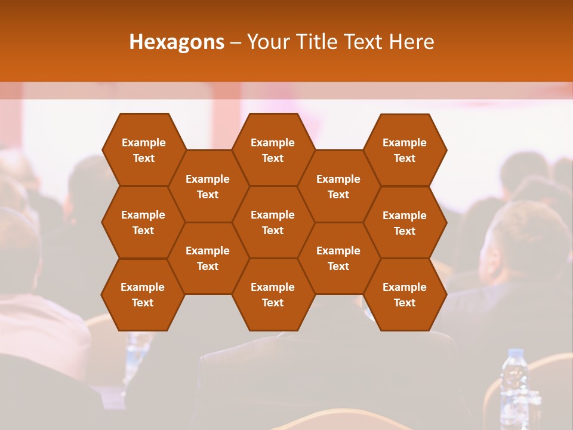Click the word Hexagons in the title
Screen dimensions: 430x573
pyautogui.click(x=177, y=42)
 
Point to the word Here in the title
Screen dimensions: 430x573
pyautogui.click(x=411, y=42)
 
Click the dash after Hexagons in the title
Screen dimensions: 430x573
pyautogui.click(x=236, y=42)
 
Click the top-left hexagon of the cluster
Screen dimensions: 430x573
pyautogui.click(x=143, y=150)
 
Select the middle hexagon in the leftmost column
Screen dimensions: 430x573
pyautogui.click(x=143, y=222)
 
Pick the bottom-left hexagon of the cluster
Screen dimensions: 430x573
pyautogui.click(x=143, y=294)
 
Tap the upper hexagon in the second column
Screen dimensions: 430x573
pyautogui.click(x=208, y=186)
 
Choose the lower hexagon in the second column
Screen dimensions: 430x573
pyautogui.click(x=208, y=258)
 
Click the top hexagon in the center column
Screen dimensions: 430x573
pyautogui.click(x=273, y=150)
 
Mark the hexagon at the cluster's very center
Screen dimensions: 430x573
pyautogui.click(x=273, y=222)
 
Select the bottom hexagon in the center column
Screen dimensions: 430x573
pyautogui.click(x=273, y=294)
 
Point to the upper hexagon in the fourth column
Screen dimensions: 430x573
pyautogui.click(x=338, y=186)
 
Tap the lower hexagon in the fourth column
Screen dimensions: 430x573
pyautogui.click(x=338, y=258)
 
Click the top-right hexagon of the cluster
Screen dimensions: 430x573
pyautogui.click(x=405, y=150)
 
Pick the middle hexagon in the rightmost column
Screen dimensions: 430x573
pyautogui.click(x=405, y=223)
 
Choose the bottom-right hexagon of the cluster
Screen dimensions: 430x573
pyautogui.click(x=405, y=294)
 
